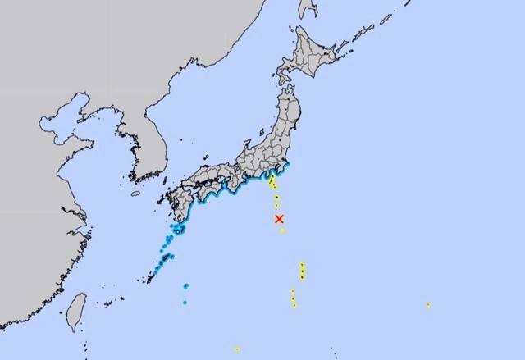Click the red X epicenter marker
click(x=279, y=219)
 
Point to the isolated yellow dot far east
click(x=428, y=305)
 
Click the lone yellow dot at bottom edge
click(x=237, y=349)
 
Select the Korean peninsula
click(x=148, y=148)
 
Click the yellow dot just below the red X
click(x=282, y=231)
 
